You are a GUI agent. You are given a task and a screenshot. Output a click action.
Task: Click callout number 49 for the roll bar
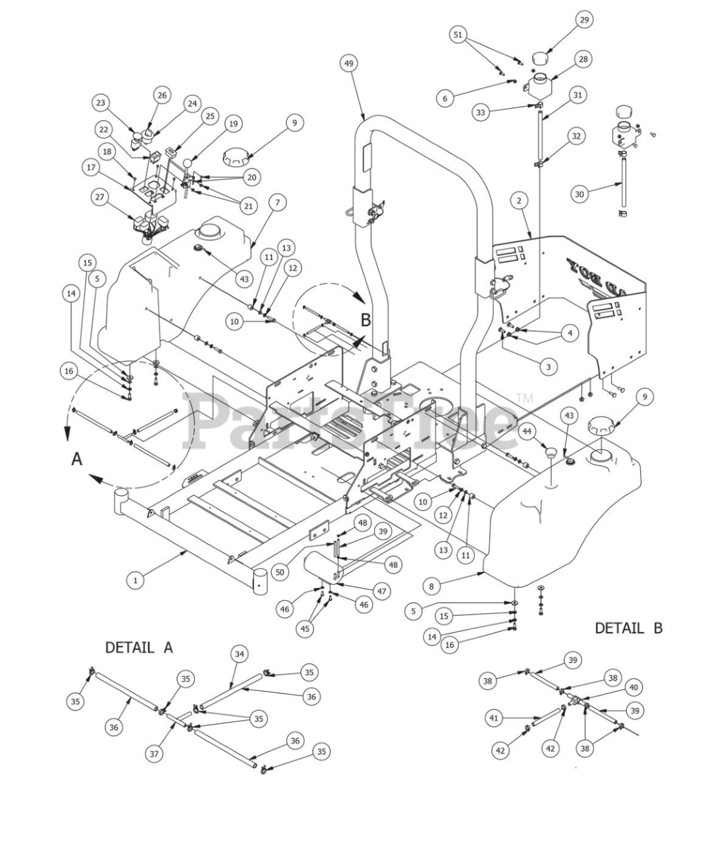(x=349, y=63)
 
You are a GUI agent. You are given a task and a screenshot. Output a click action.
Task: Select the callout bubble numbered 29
(x=584, y=20)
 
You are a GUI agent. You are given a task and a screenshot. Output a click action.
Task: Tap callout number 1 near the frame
(x=136, y=580)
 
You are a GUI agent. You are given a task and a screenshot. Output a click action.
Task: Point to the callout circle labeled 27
(x=100, y=197)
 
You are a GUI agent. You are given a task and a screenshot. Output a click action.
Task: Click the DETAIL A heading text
(x=139, y=647)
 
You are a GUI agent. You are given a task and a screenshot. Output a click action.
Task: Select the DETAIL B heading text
(x=628, y=628)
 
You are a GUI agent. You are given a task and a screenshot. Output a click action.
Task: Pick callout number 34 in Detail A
(x=240, y=654)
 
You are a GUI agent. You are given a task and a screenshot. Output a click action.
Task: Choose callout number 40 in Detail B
(x=633, y=687)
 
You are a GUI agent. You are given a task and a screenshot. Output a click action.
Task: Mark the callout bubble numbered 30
(x=579, y=194)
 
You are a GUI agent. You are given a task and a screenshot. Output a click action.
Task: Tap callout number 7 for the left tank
(x=277, y=203)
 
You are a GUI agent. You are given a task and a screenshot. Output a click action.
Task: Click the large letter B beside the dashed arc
(x=366, y=321)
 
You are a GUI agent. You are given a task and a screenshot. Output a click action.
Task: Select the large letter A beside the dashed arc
(x=77, y=459)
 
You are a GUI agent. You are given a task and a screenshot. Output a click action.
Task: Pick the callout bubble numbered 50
(x=280, y=572)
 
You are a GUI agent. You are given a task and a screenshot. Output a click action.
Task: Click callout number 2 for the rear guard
(x=519, y=200)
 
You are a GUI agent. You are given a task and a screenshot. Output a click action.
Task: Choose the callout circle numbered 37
(x=154, y=753)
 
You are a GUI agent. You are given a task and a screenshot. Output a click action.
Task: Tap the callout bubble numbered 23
(x=101, y=103)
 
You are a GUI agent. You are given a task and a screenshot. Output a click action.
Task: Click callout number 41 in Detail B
(x=494, y=719)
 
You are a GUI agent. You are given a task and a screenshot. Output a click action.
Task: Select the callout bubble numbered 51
(x=460, y=35)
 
